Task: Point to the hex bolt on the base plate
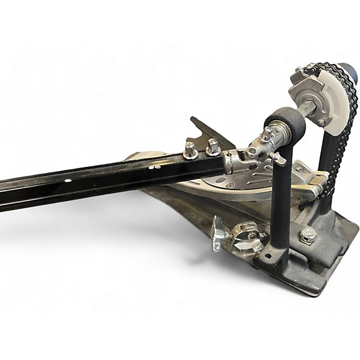pos(308,235)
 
